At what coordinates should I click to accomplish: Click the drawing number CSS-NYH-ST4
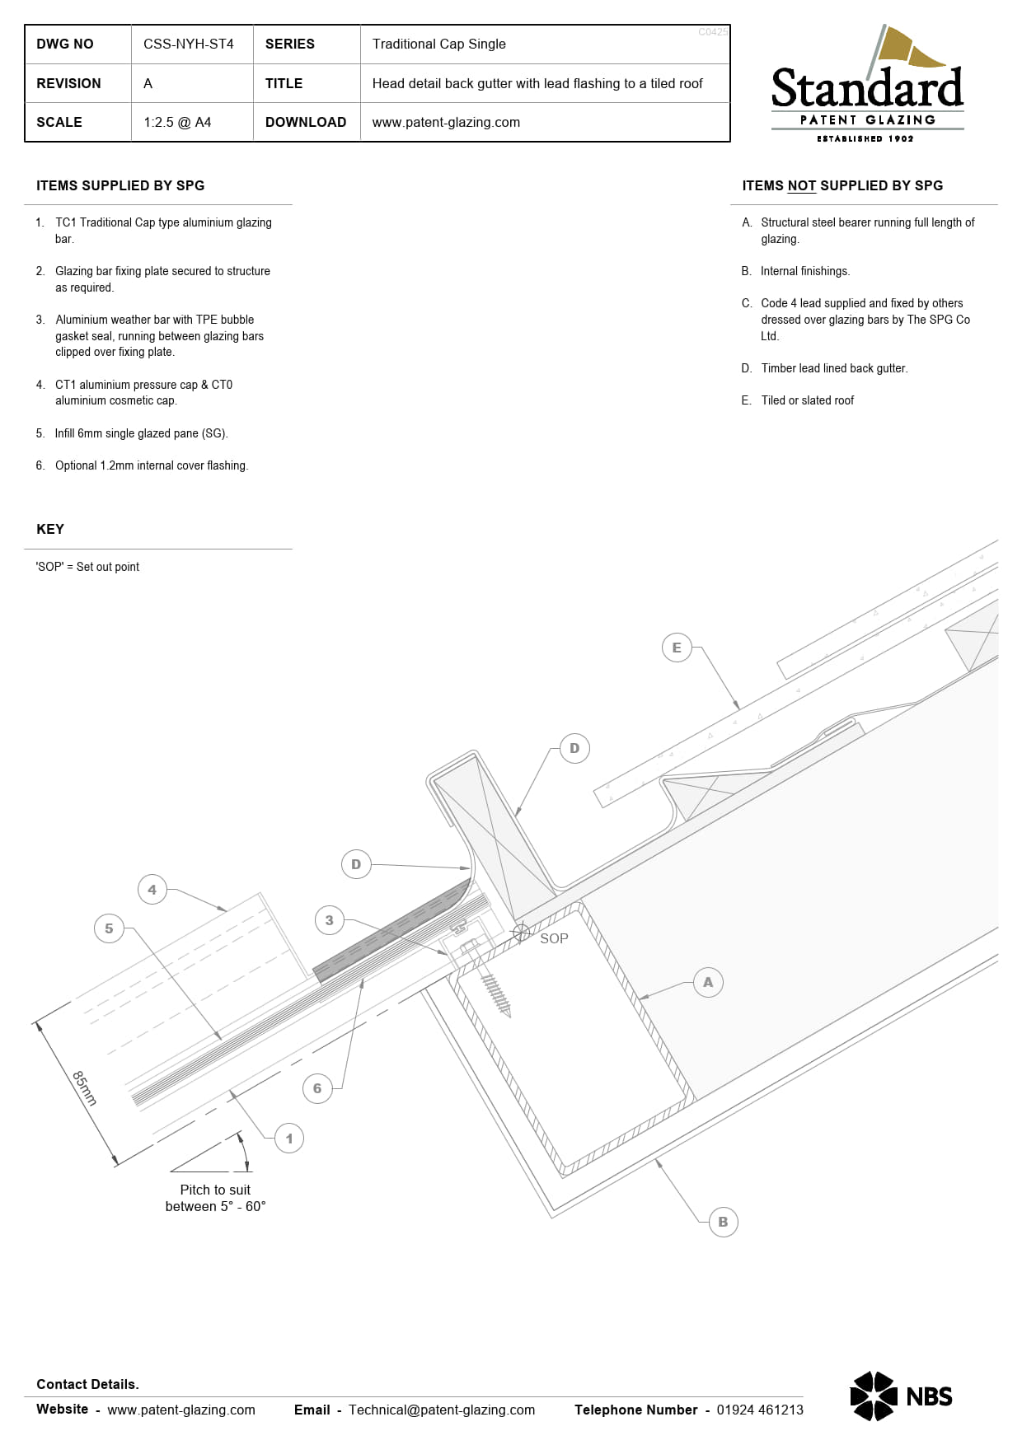point(188,44)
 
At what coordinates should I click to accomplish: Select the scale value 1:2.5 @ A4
point(177,122)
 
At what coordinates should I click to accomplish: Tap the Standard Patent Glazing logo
point(867,86)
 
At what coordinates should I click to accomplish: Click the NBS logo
point(901,1396)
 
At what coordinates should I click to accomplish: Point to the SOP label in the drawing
point(554,938)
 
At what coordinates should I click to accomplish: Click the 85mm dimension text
point(85,1087)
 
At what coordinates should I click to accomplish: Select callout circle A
point(708,982)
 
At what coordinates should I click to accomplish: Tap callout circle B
point(723,1222)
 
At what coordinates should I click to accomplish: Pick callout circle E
point(677,648)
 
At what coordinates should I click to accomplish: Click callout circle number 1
point(289,1139)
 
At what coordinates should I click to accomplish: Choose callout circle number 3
point(330,920)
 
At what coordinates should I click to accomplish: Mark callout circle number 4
point(152,890)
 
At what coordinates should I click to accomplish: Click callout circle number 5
point(109,928)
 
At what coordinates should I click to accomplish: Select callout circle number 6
point(317,1088)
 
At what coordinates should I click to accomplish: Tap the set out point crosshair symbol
point(521,933)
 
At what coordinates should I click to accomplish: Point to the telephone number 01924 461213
point(759,1410)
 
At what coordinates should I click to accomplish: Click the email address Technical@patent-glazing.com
point(442,1410)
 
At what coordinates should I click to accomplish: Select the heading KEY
point(50,529)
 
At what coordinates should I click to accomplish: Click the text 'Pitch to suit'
point(215,1190)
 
